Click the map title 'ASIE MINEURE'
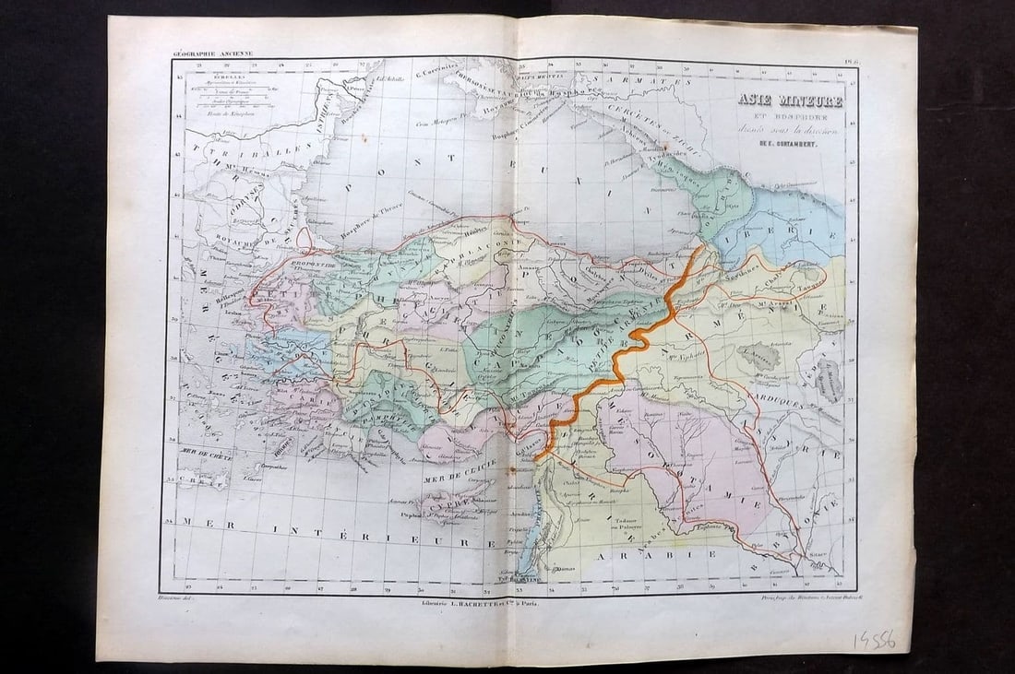pos(789,101)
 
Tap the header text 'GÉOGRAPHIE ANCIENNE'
pos(211,54)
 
